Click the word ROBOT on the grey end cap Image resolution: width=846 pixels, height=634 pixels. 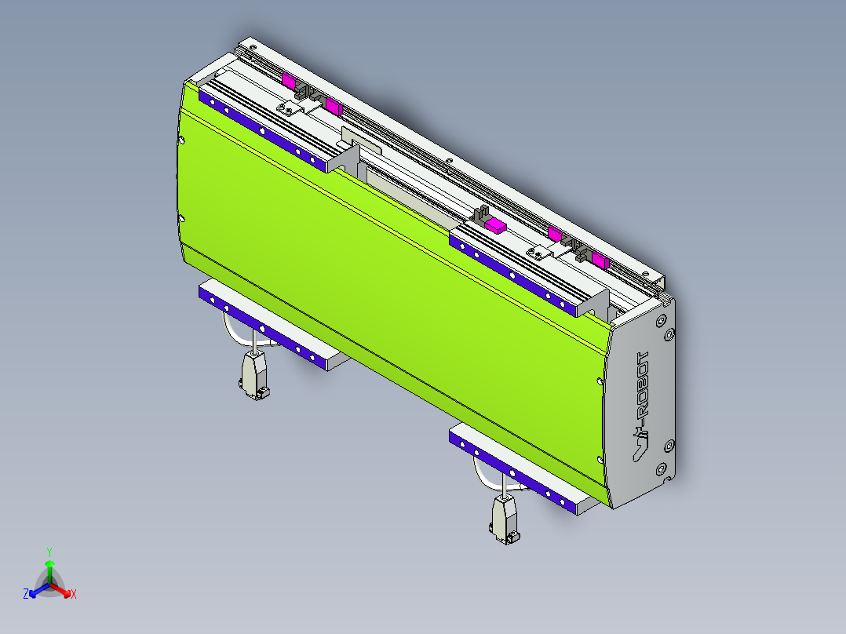pos(643,384)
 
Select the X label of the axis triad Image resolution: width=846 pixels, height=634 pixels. pos(73,594)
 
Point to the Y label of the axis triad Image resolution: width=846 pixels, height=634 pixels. pos(49,552)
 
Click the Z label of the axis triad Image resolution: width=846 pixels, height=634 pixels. pos(26,594)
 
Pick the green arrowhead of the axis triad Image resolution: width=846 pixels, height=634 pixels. pos(49,563)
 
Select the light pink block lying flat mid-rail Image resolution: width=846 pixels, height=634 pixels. pos(495,226)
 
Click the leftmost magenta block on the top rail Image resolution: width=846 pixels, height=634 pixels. pos(289,80)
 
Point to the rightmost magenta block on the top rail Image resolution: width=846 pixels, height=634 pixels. pos(600,261)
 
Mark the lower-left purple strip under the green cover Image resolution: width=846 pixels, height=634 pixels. pos(263,324)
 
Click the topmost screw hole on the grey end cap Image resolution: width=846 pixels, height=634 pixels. pos(661,322)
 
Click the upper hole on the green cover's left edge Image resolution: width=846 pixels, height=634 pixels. pos(182,141)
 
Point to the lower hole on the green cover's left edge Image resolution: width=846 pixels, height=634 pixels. pos(181,219)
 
